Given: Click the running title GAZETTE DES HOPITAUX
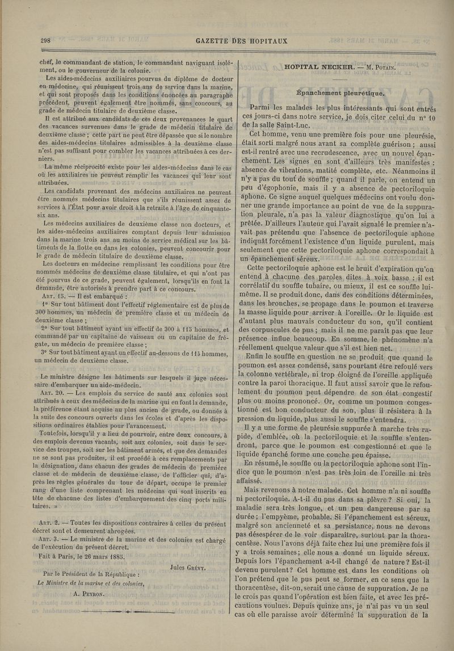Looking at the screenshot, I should coord(241,41).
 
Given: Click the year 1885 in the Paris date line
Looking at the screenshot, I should coord(113,556).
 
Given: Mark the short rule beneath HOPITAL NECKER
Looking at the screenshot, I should coord(339,79).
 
